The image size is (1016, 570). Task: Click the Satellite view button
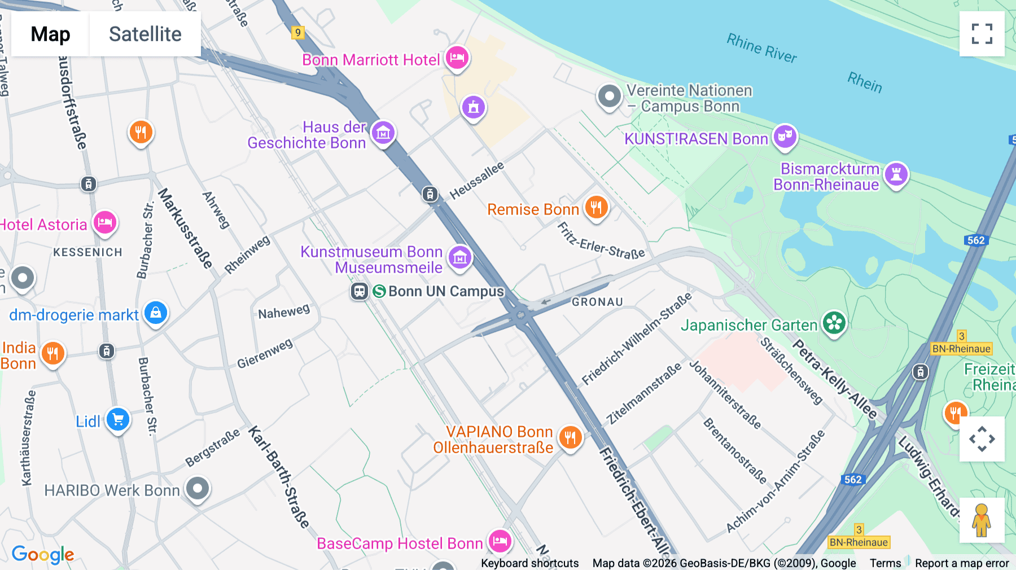point(145,34)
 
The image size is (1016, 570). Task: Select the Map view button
point(50,34)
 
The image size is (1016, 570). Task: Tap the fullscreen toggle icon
point(982,34)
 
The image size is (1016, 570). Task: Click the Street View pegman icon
point(982,520)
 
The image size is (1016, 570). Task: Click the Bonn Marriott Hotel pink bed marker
point(457,58)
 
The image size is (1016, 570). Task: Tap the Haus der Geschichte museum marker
point(383,133)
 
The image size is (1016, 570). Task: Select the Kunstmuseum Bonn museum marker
point(460,258)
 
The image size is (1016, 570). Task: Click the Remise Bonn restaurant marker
point(596,207)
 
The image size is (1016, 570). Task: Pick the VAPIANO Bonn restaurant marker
point(571,437)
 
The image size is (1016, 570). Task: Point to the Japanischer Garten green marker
point(834,323)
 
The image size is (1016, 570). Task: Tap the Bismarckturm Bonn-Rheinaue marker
point(896,174)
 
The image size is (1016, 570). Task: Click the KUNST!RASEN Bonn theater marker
point(785,137)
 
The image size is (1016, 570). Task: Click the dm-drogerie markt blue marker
point(156,313)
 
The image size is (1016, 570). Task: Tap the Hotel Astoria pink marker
point(105,222)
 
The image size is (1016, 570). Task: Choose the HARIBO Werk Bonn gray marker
point(198,489)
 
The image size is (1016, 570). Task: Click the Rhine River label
point(761,48)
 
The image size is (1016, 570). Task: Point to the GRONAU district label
point(597,302)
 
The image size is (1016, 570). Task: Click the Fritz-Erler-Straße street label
point(601,241)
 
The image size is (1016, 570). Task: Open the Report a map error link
point(962,563)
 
